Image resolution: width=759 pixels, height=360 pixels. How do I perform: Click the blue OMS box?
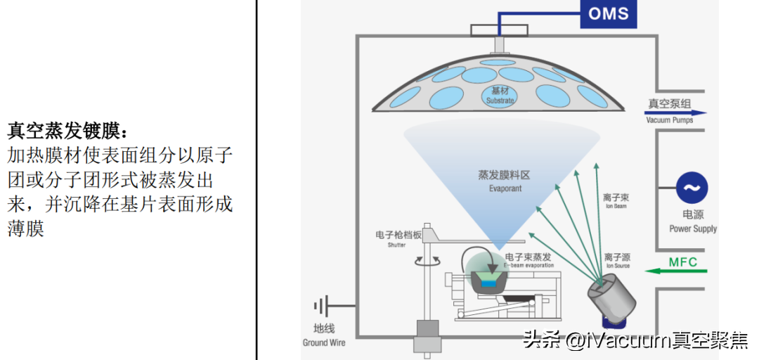point(608,14)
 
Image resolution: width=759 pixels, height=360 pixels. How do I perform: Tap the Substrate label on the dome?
point(500,96)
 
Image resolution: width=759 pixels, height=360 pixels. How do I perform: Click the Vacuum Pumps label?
point(669,120)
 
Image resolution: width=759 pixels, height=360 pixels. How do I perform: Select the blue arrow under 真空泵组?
point(675,112)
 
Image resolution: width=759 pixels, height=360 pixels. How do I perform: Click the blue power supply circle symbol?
point(692,188)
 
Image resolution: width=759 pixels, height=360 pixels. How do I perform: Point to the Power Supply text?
point(692,229)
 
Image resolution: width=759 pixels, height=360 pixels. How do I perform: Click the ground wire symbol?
point(322,307)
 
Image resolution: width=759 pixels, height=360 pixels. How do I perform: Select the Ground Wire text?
point(324,342)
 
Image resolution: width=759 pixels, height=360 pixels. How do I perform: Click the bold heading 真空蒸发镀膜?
point(67,131)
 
